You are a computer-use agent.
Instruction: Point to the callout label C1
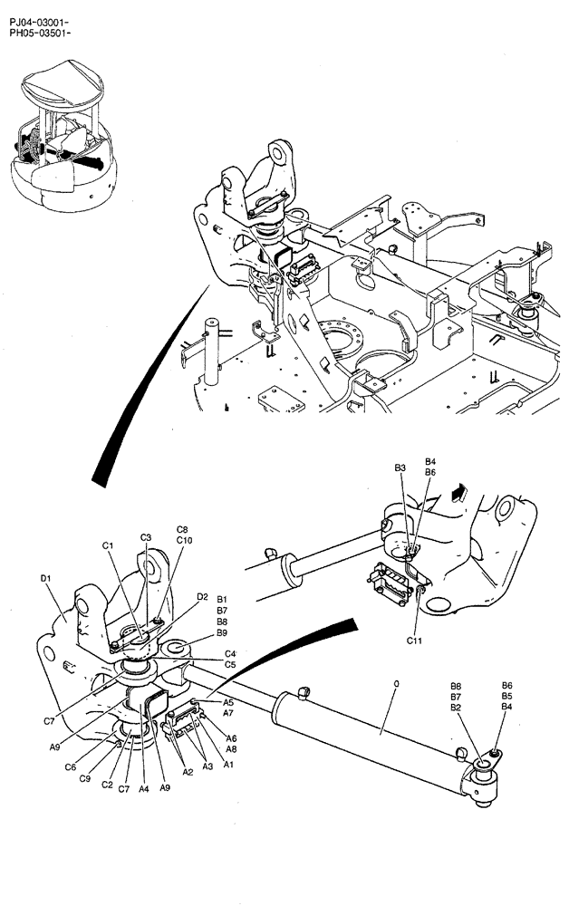coord(107,545)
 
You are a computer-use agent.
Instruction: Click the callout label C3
coord(145,537)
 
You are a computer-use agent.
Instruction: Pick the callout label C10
coord(184,541)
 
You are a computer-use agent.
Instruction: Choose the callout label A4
coord(143,789)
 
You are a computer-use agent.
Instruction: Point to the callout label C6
coord(70,767)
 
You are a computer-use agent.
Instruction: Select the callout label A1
coord(229,766)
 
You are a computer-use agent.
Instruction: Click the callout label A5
coord(228,702)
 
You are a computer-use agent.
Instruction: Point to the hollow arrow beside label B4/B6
coord(459,492)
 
